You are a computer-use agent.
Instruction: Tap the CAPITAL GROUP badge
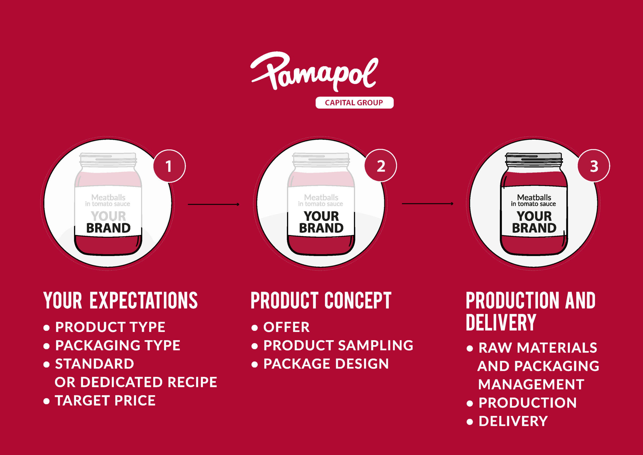tap(354, 103)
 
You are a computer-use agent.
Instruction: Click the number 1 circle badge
tap(169, 166)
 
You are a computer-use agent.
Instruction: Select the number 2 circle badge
tap(381, 166)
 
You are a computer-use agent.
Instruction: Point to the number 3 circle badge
tap(594, 166)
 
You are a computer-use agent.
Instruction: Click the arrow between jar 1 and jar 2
tap(213, 204)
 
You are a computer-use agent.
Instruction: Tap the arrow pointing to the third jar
tap(428, 204)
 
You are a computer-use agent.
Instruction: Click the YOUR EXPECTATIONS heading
tap(120, 300)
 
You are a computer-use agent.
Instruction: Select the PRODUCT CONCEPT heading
tap(321, 300)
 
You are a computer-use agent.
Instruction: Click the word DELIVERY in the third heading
tap(501, 323)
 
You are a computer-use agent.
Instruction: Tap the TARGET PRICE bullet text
tap(105, 400)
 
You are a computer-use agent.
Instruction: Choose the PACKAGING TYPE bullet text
tap(118, 345)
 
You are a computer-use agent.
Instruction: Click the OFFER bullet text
tap(287, 327)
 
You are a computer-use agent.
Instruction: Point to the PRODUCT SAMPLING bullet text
tap(338, 345)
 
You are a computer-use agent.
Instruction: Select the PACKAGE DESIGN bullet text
tap(326, 364)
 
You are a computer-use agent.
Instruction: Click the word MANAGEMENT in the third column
tap(531, 384)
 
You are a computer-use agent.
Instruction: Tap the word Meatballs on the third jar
tap(534, 197)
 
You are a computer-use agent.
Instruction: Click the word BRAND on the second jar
tap(321, 228)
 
